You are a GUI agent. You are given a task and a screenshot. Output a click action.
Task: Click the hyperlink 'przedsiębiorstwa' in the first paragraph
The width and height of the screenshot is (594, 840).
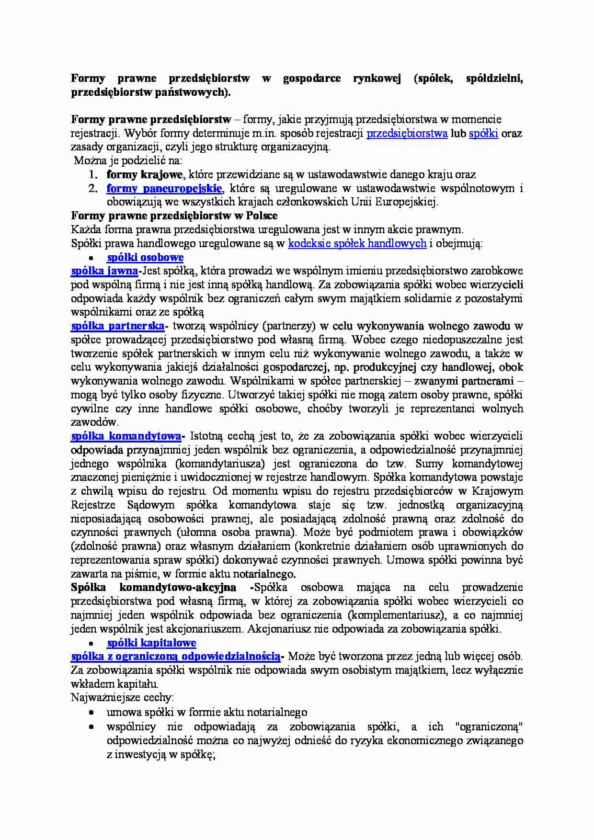click(x=407, y=133)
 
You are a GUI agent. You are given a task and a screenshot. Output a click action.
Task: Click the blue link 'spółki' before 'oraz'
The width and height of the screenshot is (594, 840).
click(x=483, y=133)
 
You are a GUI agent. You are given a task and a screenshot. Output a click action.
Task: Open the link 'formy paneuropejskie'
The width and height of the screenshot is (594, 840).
click(x=164, y=188)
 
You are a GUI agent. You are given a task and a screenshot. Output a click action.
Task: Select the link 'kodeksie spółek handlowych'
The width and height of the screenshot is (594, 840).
click(x=357, y=243)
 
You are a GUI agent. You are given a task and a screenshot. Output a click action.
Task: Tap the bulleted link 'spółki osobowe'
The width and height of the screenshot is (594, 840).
click(x=145, y=257)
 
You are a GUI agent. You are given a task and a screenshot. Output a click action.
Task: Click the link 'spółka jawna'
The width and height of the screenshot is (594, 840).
click(x=104, y=271)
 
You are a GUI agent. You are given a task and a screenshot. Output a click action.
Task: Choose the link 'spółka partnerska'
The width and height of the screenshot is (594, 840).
click(x=117, y=326)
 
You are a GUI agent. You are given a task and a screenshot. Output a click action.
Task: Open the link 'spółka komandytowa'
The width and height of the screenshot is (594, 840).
click(x=126, y=436)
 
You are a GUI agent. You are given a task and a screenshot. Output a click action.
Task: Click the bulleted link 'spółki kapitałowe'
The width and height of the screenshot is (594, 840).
click(x=151, y=643)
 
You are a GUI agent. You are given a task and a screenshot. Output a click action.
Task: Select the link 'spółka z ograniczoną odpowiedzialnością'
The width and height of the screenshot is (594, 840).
click(x=175, y=656)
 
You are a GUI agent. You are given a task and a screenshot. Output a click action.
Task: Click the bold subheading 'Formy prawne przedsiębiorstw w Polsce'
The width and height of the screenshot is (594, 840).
click(x=174, y=216)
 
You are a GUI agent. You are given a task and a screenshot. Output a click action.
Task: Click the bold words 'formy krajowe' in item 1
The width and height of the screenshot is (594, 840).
click(x=144, y=174)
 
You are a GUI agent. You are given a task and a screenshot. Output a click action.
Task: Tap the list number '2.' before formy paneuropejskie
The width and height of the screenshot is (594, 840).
click(x=93, y=188)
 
